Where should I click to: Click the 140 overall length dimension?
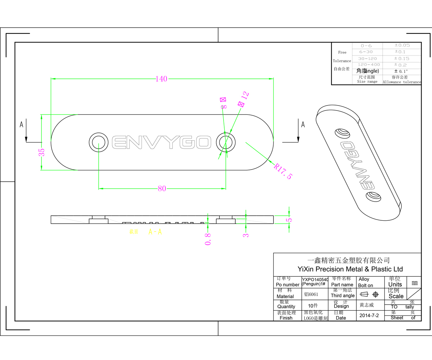point(161,79)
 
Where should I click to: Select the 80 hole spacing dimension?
point(162,188)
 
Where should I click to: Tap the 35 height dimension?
point(42,152)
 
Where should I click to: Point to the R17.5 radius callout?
point(283,171)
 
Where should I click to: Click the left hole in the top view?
point(98,142)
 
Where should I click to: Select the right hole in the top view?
point(226,142)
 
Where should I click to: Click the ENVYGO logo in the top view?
point(161,142)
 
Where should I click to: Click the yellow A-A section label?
point(155,232)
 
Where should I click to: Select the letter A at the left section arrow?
point(22,125)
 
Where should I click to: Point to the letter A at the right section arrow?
point(303,125)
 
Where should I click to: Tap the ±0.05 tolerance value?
point(402,45)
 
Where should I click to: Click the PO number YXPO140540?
point(315,279)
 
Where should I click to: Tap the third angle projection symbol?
point(370,294)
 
